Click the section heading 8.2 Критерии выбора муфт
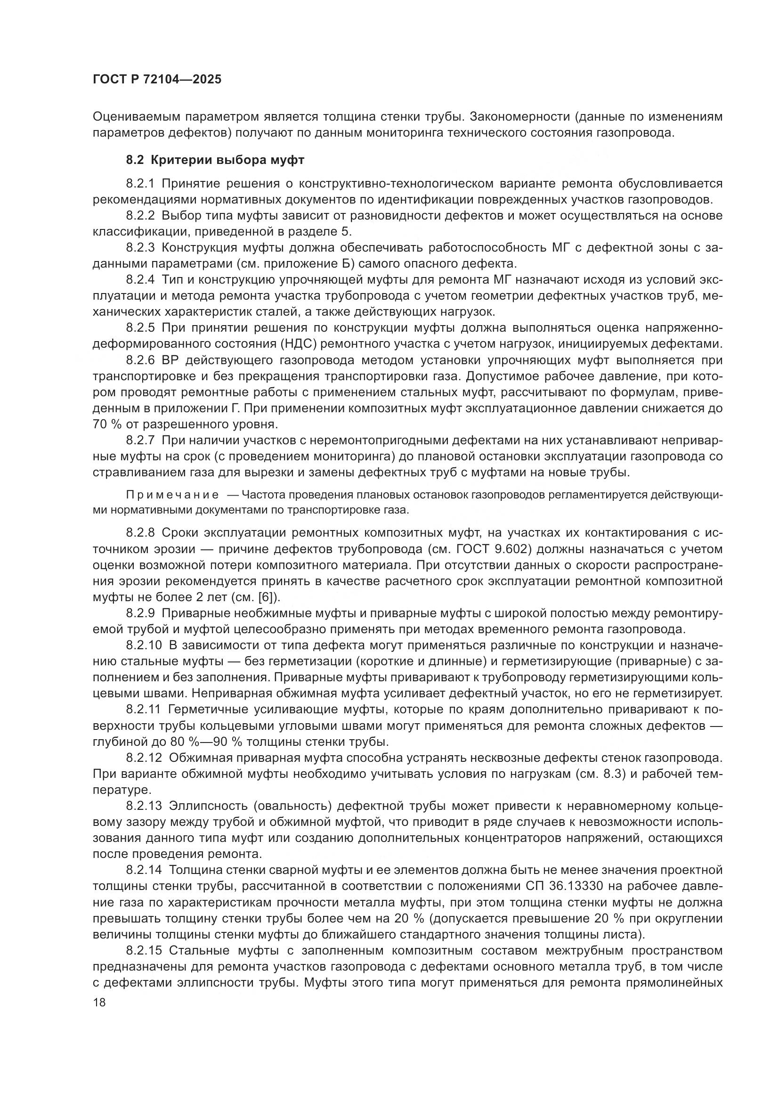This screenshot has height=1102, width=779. (x=215, y=160)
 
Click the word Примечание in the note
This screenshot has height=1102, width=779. (x=172, y=495)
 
